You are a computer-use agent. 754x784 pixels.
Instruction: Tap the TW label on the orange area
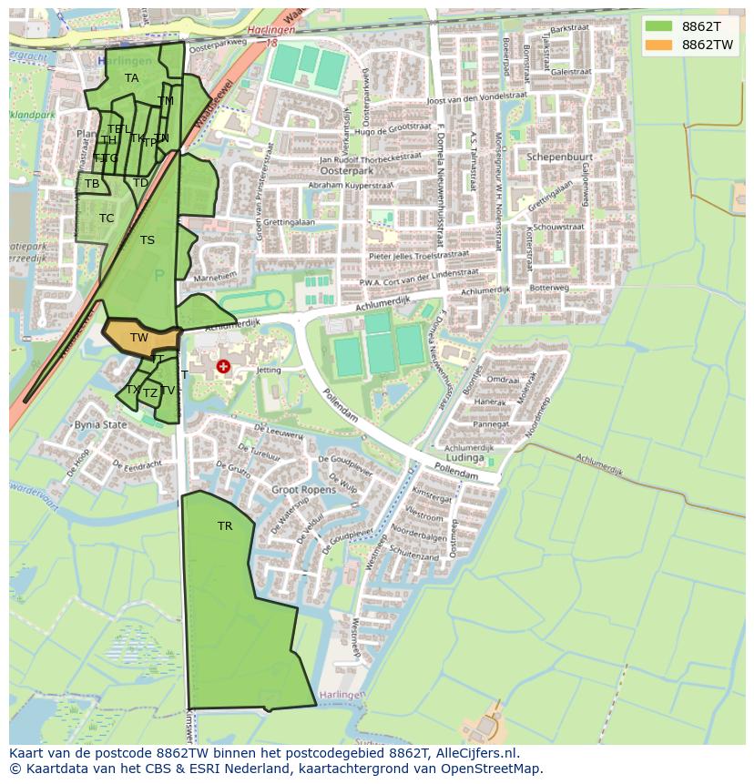click(x=138, y=338)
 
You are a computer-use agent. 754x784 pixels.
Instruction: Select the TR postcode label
click(x=225, y=526)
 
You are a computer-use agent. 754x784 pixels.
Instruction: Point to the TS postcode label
click(x=148, y=240)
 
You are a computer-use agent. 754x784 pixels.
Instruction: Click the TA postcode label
click(x=132, y=78)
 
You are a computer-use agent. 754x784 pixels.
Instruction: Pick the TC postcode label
click(x=107, y=219)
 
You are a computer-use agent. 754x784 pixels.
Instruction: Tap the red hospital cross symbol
click(x=223, y=367)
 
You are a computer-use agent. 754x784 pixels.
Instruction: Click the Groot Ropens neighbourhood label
click(x=304, y=490)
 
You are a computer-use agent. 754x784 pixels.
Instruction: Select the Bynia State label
click(x=100, y=425)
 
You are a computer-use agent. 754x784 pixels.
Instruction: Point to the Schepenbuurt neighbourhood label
click(x=560, y=157)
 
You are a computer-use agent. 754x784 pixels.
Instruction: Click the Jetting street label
click(x=269, y=371)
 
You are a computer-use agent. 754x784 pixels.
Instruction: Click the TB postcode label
click(x=92, y=184)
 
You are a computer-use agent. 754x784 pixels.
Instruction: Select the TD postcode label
click(x=140, y=183)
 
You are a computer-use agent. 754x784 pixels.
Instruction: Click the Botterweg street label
click(x=549, y=288)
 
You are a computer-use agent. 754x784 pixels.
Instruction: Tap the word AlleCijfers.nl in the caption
click(x=474, y=753)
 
